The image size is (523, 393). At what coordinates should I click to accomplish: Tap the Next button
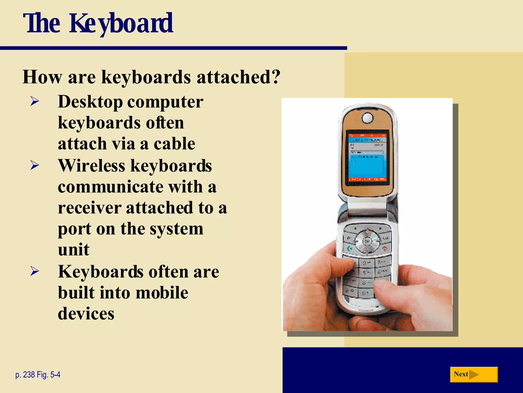(474, 374)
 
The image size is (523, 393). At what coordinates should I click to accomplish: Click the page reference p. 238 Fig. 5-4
(38, 375)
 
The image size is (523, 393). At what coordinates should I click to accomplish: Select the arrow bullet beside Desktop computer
(34, 101)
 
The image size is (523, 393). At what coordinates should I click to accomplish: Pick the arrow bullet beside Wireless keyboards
(34, 165)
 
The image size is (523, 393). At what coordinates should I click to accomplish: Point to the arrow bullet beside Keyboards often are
(34, 271)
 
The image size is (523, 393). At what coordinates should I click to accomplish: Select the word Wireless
(92, 166)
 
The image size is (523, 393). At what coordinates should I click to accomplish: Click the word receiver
(89, 208)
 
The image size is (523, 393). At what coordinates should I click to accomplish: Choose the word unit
(74, 249)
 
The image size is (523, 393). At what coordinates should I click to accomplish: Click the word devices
(86, 314)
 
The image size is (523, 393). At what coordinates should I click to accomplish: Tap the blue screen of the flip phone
(367, 164)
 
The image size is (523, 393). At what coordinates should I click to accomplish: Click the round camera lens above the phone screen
(367, 118)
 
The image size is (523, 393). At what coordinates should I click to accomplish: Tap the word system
(176, 229)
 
